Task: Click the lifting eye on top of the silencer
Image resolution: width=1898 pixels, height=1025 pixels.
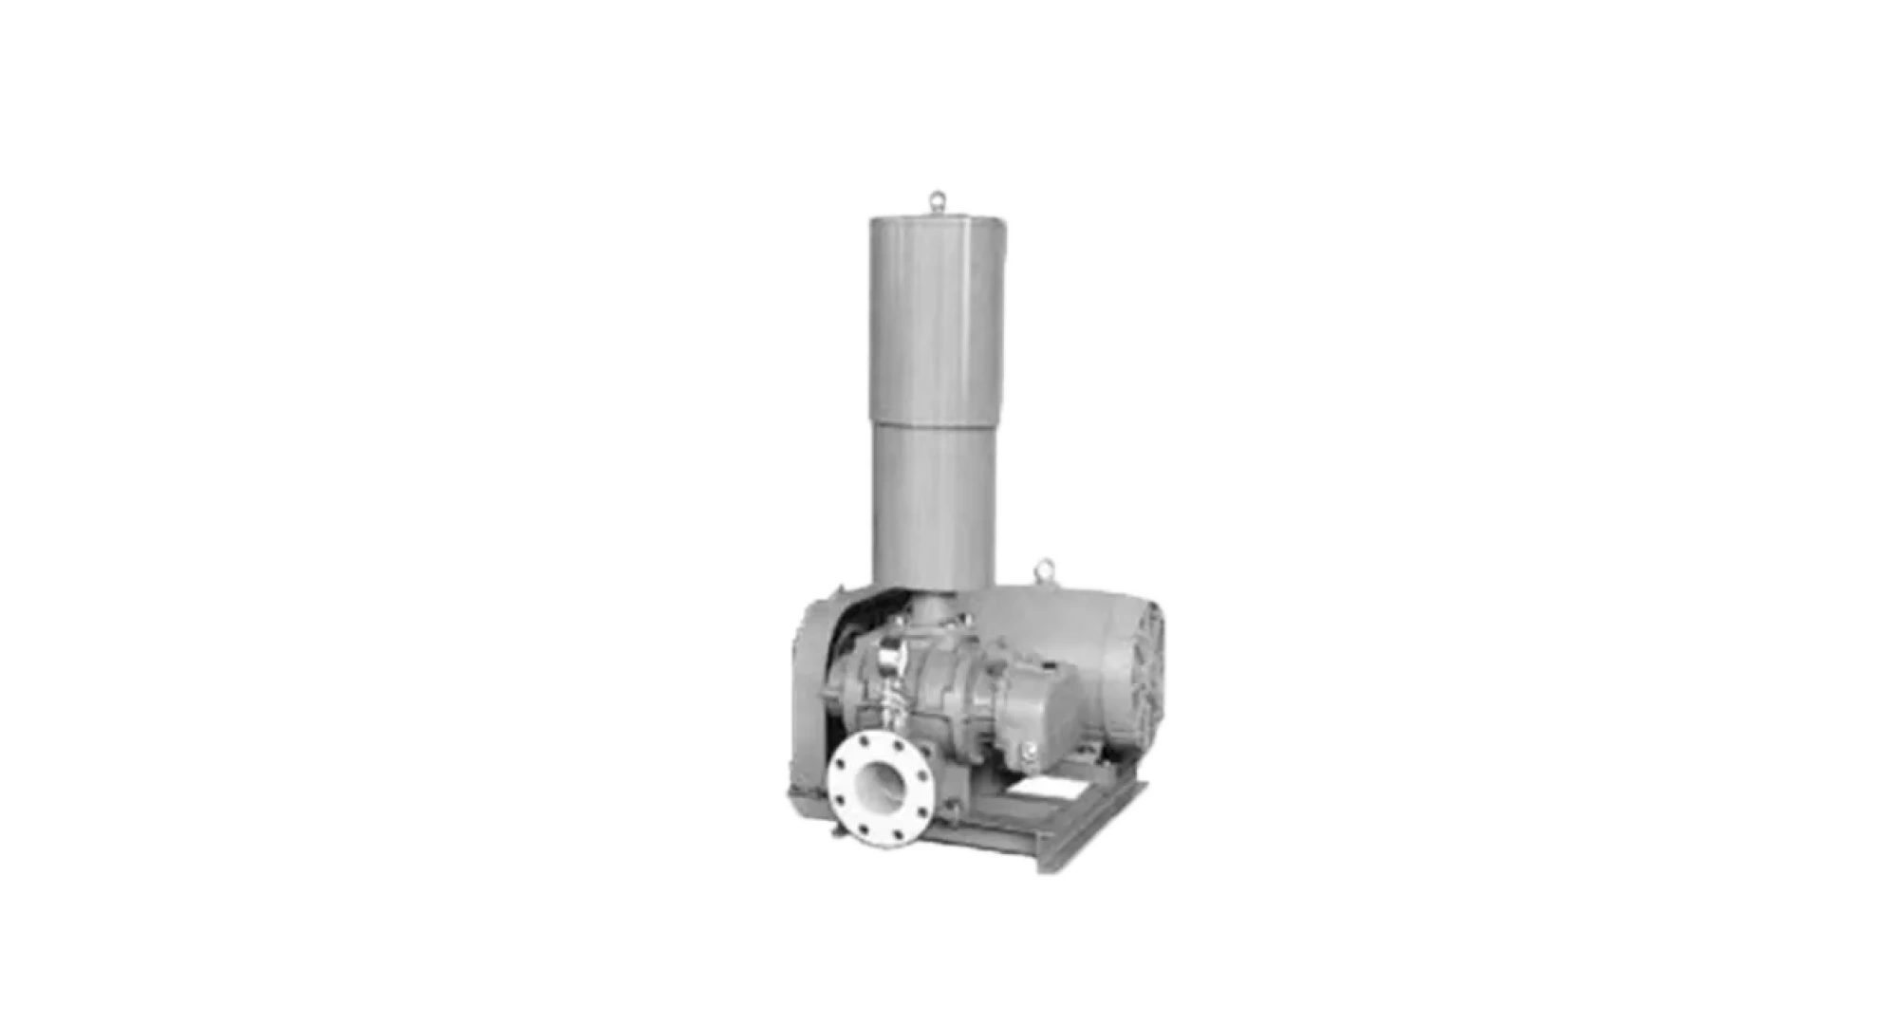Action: tap(938, 201)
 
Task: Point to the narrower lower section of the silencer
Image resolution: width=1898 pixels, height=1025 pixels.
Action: tap(934, 503)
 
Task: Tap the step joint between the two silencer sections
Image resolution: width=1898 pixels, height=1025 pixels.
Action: tap(935, 423)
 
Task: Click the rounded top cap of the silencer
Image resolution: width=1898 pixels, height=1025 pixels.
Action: tap(938, 221)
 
